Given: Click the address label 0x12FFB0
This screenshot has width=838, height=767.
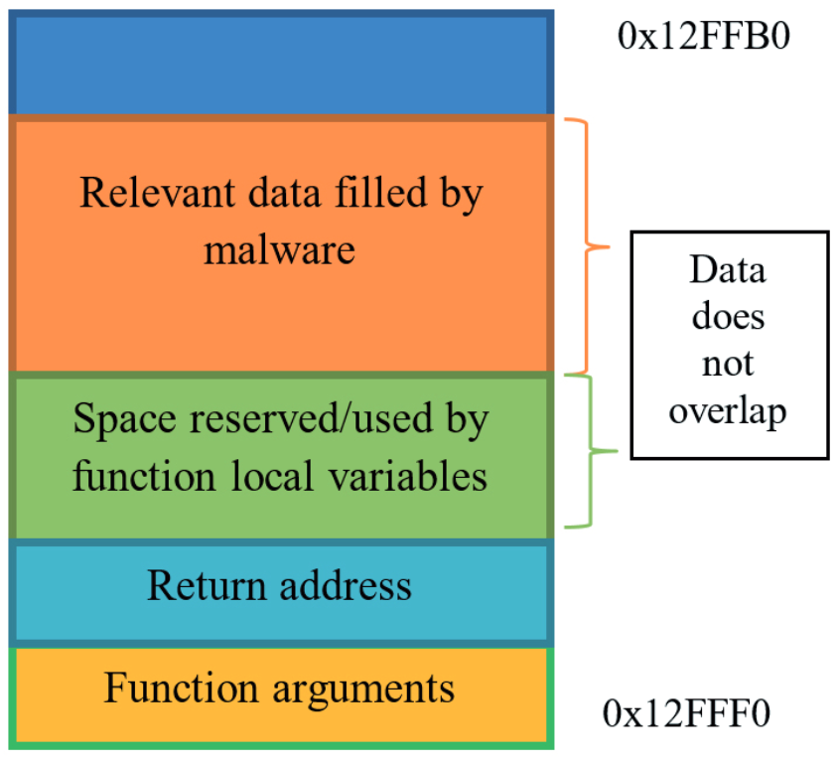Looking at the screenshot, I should [706, 37].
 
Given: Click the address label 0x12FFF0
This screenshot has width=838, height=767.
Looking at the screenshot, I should [687, 713].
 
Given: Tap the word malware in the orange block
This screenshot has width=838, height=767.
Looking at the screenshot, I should [280, 248].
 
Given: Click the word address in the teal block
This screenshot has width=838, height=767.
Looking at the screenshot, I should [347, 585].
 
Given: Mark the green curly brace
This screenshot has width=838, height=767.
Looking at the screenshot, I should [587, 452].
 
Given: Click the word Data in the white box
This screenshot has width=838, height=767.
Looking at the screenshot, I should [729, 270].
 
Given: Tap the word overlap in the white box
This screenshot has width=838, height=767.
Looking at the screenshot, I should [728, 410].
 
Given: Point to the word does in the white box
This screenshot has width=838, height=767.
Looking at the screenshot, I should [729, 317].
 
